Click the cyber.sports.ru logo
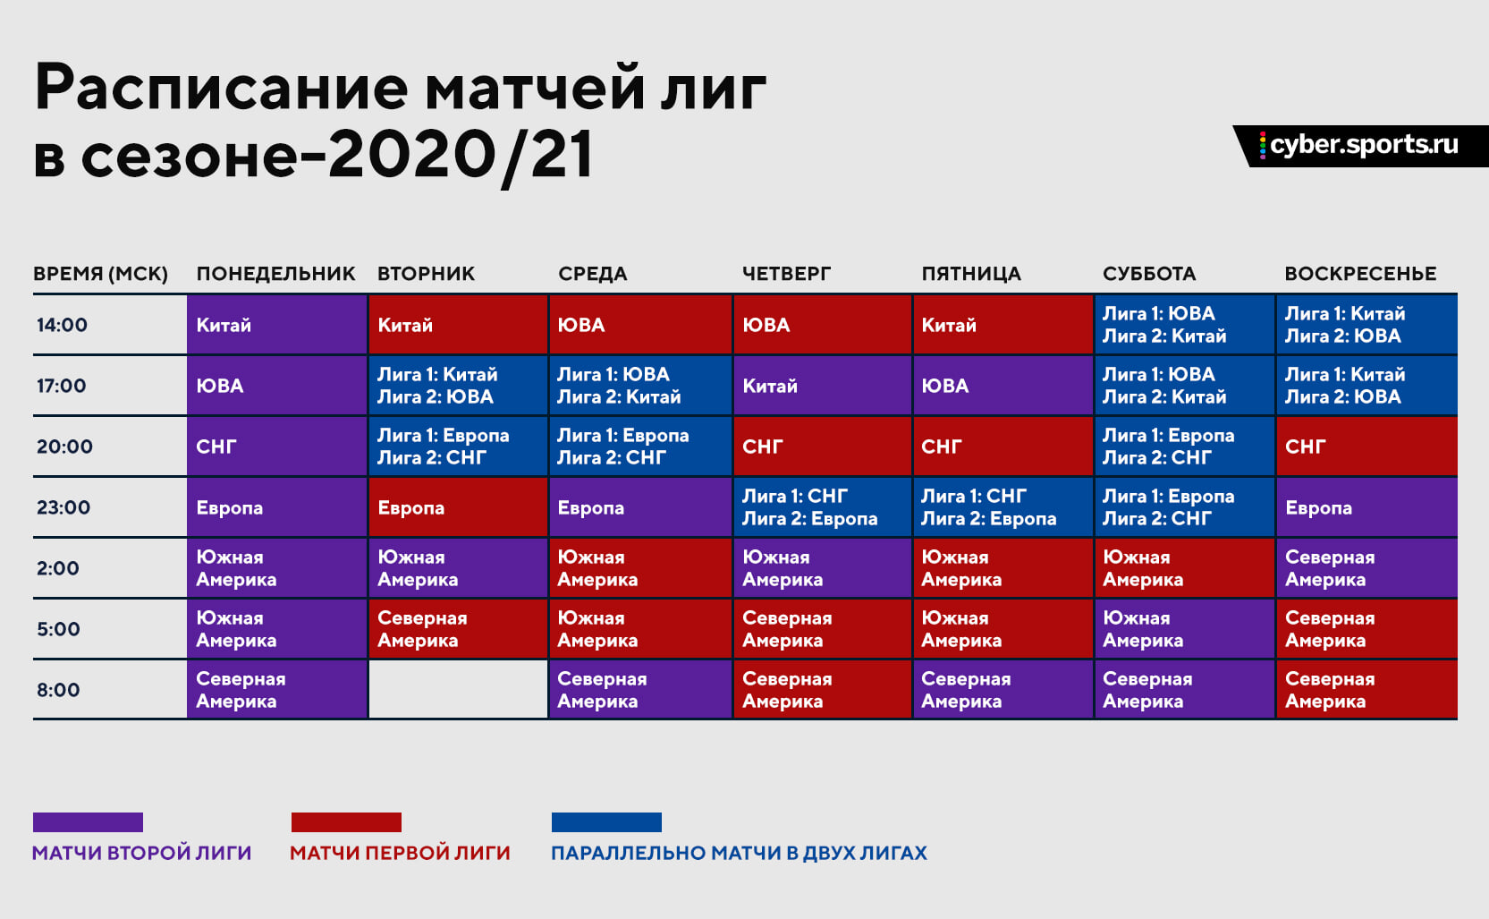(x=1360, y=146)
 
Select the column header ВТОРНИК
(x=426, y=274)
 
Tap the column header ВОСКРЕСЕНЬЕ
(x=1360, y=274)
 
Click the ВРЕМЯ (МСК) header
(x=100, y=274)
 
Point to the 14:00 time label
(x=62, y=325)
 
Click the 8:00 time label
(x=58, y=690)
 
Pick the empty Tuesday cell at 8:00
(x=458, y=689)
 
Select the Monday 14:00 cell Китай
(x=276, y=325)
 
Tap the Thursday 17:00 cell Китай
(x=822, y=386)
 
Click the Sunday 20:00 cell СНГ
(x=1366, y=447)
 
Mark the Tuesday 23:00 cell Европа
(x=458, y=507)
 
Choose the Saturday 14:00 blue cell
(x=1185, y=325)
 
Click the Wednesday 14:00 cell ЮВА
(x=640, y=325)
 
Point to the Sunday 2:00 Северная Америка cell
(x=1366, y=568)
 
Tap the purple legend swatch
(x=88, y=822)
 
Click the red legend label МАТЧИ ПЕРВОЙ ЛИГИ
(x=400, y=853)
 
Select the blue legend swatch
(x=606, y=822)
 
